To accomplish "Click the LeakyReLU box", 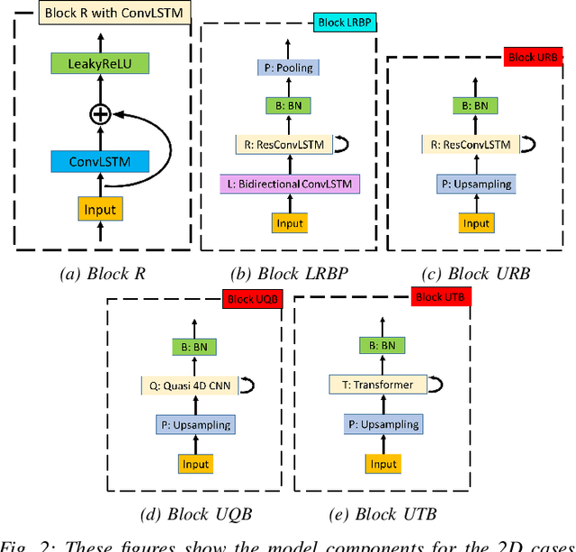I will point(101,65).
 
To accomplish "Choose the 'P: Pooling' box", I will point(290,68).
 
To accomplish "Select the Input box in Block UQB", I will point(194,465).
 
